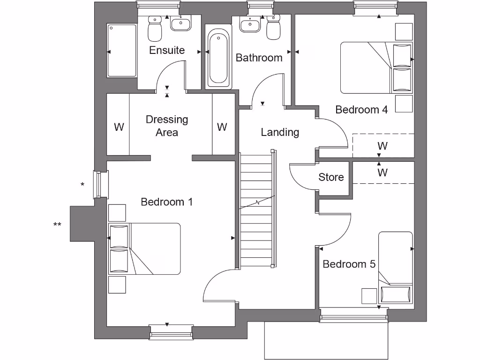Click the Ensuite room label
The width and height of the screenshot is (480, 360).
[x=167, y=50]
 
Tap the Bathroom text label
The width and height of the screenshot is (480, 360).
[x=259, y=58]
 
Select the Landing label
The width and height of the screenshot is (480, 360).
[x=280, y=132]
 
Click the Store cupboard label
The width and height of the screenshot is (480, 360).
[x=331, y=177]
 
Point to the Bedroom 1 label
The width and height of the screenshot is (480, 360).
[x=167, y=202]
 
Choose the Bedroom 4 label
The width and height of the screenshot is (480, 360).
[x=361, y=110]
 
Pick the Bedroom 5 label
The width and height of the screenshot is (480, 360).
[x=349, y=264]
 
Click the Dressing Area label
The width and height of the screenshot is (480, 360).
[x=167, y=126]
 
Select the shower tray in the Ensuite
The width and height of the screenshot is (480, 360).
[x=122, y=51]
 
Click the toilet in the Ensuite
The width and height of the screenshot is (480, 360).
[x=154, y=29]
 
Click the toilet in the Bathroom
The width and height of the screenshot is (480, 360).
[x=273, y=28]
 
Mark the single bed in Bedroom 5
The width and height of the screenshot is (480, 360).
[x=396, y=267]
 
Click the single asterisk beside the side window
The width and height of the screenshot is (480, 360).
[x=82, y=185]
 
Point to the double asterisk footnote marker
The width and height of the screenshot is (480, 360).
[x=57, y=225]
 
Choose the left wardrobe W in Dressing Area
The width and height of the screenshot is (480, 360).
[x=119, y=127]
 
